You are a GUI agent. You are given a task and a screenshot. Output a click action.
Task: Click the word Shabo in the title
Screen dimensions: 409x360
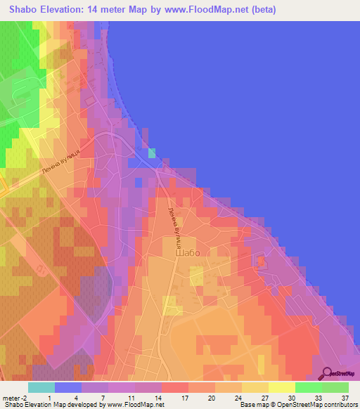20,11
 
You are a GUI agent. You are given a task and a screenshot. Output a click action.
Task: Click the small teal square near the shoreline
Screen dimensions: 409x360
152,153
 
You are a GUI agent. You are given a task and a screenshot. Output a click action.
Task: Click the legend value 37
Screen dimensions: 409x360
345,398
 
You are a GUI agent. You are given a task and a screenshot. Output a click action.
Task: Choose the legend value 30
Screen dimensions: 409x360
291,398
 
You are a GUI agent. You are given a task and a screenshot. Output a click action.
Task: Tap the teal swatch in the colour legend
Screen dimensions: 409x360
41,387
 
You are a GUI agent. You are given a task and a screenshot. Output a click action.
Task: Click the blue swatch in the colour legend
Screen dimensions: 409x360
68,387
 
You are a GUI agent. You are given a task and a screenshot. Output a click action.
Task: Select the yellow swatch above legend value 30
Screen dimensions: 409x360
282,387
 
